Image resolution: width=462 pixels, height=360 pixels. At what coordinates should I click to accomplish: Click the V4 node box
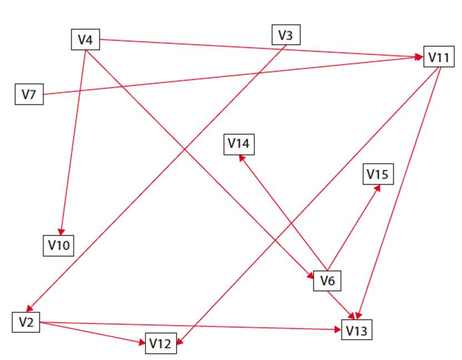(x=86, y=39)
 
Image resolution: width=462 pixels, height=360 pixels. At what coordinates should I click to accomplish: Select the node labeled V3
(x=285, y=36)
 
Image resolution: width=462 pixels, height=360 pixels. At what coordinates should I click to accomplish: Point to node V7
(x=29, y=94)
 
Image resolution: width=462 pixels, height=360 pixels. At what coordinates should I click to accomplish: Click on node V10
(x=58, y=245)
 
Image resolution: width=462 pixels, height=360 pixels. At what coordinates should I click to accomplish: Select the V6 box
(x=328, y=281)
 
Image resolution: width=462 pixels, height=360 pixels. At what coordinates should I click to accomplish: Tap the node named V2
(x=26, y=322)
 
